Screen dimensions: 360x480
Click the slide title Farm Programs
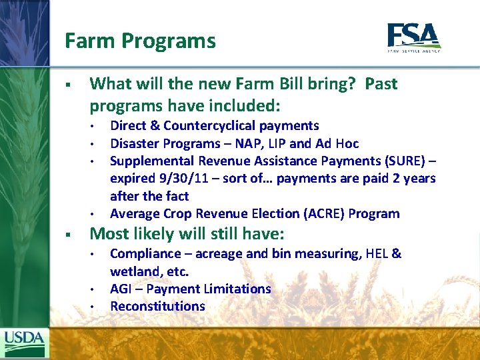[140, 41]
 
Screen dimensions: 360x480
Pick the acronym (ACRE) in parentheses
[323, 214]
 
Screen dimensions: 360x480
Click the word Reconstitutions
[157, 307]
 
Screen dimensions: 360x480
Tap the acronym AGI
[122, 289]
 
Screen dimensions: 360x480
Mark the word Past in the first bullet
[381, 84]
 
